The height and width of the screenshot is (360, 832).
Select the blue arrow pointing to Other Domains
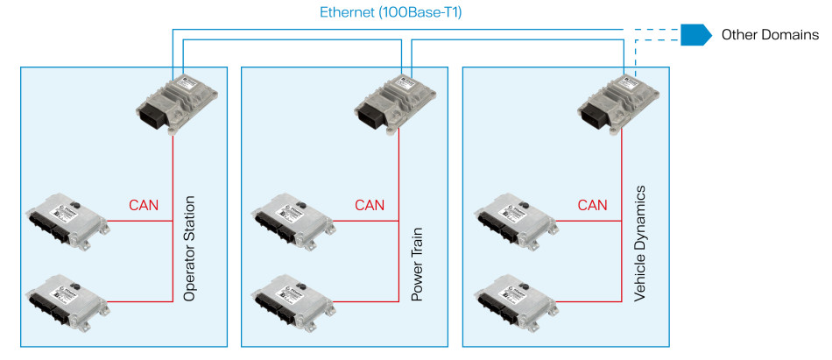pos(696,35)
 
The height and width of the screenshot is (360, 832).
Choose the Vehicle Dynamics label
pos(640,244)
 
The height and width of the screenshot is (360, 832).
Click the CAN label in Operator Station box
pos(144,206)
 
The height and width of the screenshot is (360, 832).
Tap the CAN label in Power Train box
pos(370,206)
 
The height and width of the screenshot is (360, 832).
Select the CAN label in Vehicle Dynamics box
pos(593,206)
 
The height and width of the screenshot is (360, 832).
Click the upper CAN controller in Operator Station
pos(67,220)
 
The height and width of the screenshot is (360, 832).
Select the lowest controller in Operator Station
pos(67,300)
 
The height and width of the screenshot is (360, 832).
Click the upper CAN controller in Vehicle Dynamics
pos(515,220)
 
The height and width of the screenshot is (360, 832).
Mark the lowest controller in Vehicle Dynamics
pos(515,300)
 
